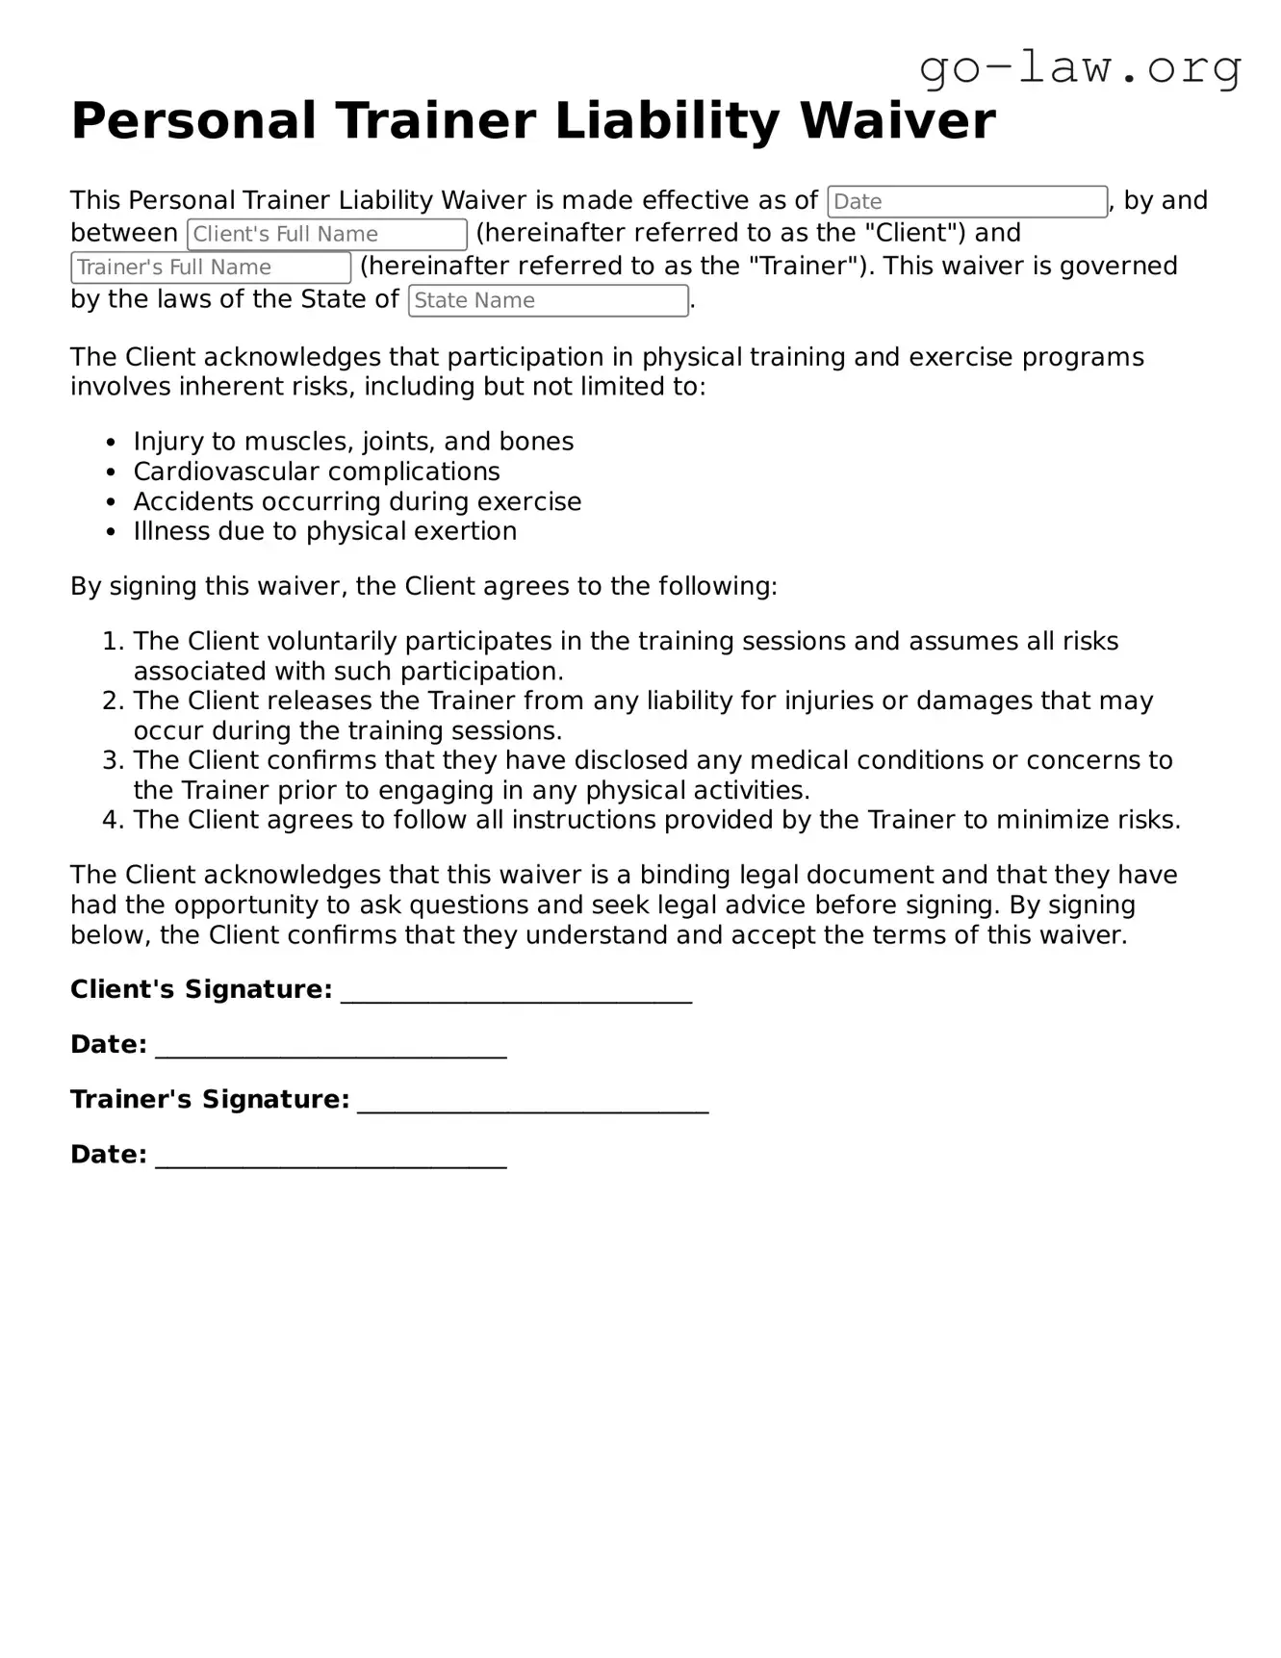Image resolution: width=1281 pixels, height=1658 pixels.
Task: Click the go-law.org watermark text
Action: (1080, 68)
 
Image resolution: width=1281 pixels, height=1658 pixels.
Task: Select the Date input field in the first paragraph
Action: (966, 202)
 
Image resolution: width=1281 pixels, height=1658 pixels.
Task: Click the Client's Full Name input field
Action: (327, 235)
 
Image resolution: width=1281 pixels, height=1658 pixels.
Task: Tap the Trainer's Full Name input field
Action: (211, 268)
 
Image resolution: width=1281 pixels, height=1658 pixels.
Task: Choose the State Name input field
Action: (548, 300)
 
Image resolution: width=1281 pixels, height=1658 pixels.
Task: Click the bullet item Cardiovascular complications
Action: (317, 472)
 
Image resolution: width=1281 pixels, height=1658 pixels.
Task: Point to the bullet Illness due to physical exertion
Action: (324, 531)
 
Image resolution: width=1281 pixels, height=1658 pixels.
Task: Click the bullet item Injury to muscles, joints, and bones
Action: (353, 442)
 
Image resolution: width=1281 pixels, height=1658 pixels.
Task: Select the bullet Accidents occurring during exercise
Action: (357, 501)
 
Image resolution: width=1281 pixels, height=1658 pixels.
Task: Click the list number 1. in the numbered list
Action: (114, 642)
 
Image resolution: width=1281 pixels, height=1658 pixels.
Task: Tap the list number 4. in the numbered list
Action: (114, 821)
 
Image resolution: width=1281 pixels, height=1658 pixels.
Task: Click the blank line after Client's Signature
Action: (516, 993)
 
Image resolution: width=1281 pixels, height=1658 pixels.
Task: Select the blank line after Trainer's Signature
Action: (533, 1103)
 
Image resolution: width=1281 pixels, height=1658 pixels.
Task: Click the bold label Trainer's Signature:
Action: (210, 1100)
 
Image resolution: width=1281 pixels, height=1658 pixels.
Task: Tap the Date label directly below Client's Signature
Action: (108, 1045)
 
